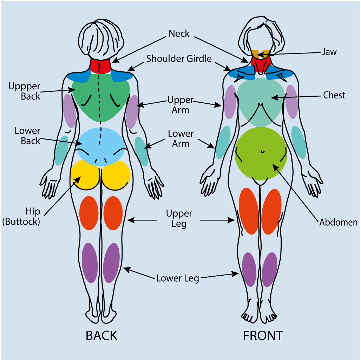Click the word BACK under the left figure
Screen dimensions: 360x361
(101, 336)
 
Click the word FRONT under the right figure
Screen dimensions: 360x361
(263, 336)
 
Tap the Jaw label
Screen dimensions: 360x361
(329, 52)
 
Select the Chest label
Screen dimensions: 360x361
(334, 95)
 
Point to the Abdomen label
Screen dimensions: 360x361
(338, 222)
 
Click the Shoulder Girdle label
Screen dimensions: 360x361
(179, 58)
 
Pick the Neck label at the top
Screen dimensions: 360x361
(179, 34)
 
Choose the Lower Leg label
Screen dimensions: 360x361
(178, 279)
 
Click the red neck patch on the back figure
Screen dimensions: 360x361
(100, 65)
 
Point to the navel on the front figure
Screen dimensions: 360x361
(262, 152)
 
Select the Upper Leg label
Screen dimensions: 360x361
(179, 218)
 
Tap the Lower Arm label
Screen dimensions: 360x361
(180, 139)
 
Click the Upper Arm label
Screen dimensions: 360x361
(180, 105)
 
